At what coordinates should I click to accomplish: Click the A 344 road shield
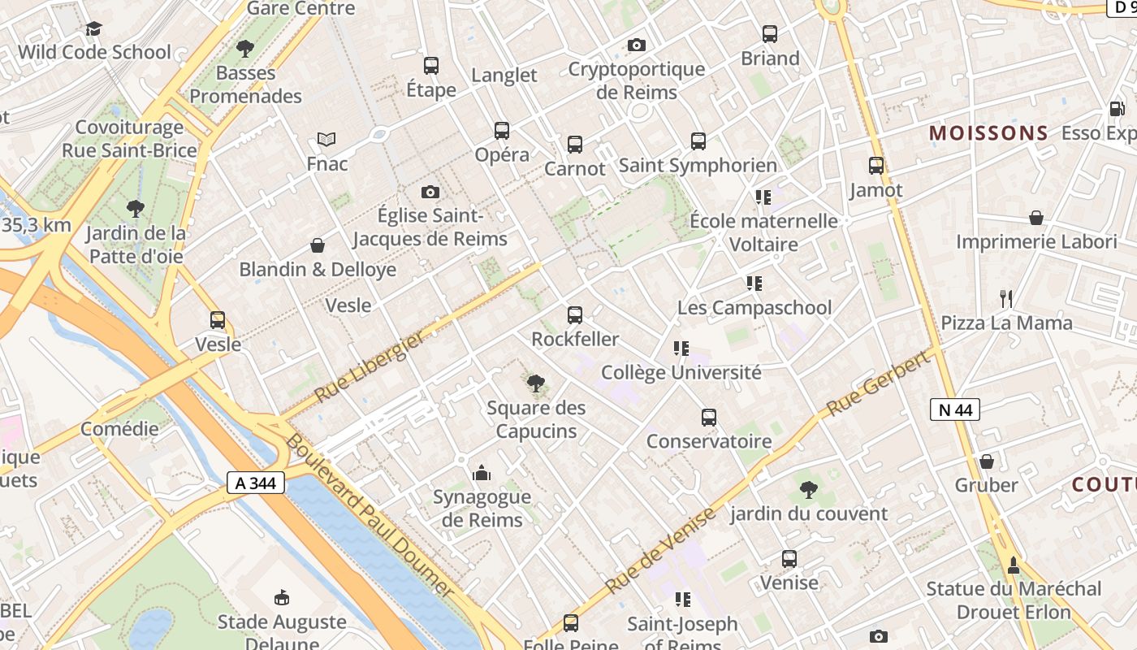(x=256, y=483)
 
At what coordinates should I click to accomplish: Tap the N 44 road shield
(x=955, y=409)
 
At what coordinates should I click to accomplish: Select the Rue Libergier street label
(x=370, y=366)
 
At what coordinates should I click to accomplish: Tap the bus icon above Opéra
(x=502, y=130)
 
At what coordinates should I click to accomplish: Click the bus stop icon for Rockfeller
(x=575, y=314)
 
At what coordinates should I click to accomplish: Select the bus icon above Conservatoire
(x=709, y=418)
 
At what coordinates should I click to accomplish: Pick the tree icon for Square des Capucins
(x=535, y=383)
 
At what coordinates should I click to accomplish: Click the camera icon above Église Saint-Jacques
(x=430, y=192)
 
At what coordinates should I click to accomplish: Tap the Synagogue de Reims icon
(x=482, y=473)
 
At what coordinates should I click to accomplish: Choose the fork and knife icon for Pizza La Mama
(x=1006, y=298)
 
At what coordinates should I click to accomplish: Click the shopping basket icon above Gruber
(x=987, y=461)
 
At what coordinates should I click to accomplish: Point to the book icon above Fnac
(x=326, y=140)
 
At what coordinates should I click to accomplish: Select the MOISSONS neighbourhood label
(x=988, y=133)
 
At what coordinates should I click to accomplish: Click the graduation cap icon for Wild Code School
(x=94, y=29)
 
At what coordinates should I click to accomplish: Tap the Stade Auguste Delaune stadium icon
(x=282, y=598)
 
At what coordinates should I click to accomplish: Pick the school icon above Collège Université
(x=681, y=349)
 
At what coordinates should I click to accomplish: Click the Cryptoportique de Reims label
(x=636, y=80)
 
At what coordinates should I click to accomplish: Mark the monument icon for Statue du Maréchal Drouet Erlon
(x=1014, y=564)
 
